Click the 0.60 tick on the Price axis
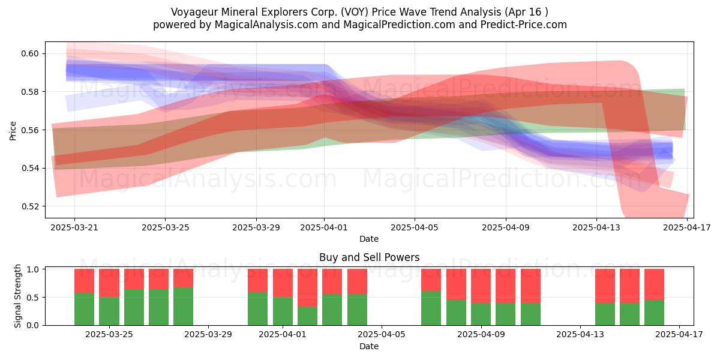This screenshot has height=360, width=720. [30, 53]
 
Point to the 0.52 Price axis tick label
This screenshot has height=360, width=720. [30, 206]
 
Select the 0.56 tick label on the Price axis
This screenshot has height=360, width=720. [30, 130]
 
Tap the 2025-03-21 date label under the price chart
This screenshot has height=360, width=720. [74, 227]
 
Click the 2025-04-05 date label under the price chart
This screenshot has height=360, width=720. [415, 227]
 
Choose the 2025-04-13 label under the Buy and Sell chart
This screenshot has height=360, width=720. [580, 335]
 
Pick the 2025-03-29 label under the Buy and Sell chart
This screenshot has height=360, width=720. [208, 335]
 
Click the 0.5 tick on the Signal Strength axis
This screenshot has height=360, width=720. [32, 298]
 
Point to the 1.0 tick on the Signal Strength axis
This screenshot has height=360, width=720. [32, 269]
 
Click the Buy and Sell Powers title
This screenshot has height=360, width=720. [370, 257]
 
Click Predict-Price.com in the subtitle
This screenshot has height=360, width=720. [524, 25]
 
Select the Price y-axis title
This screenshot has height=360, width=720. [13, 131]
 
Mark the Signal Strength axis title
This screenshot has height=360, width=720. [17, 296]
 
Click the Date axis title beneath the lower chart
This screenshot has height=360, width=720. [369, 346]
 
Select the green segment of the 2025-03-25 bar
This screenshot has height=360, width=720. [109, 311]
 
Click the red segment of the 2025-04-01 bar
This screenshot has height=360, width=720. [283, 283]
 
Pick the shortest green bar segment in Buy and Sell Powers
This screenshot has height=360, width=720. [307, 316]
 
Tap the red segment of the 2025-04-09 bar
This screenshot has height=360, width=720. [481, 286]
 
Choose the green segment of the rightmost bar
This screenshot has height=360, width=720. [654, 313]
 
